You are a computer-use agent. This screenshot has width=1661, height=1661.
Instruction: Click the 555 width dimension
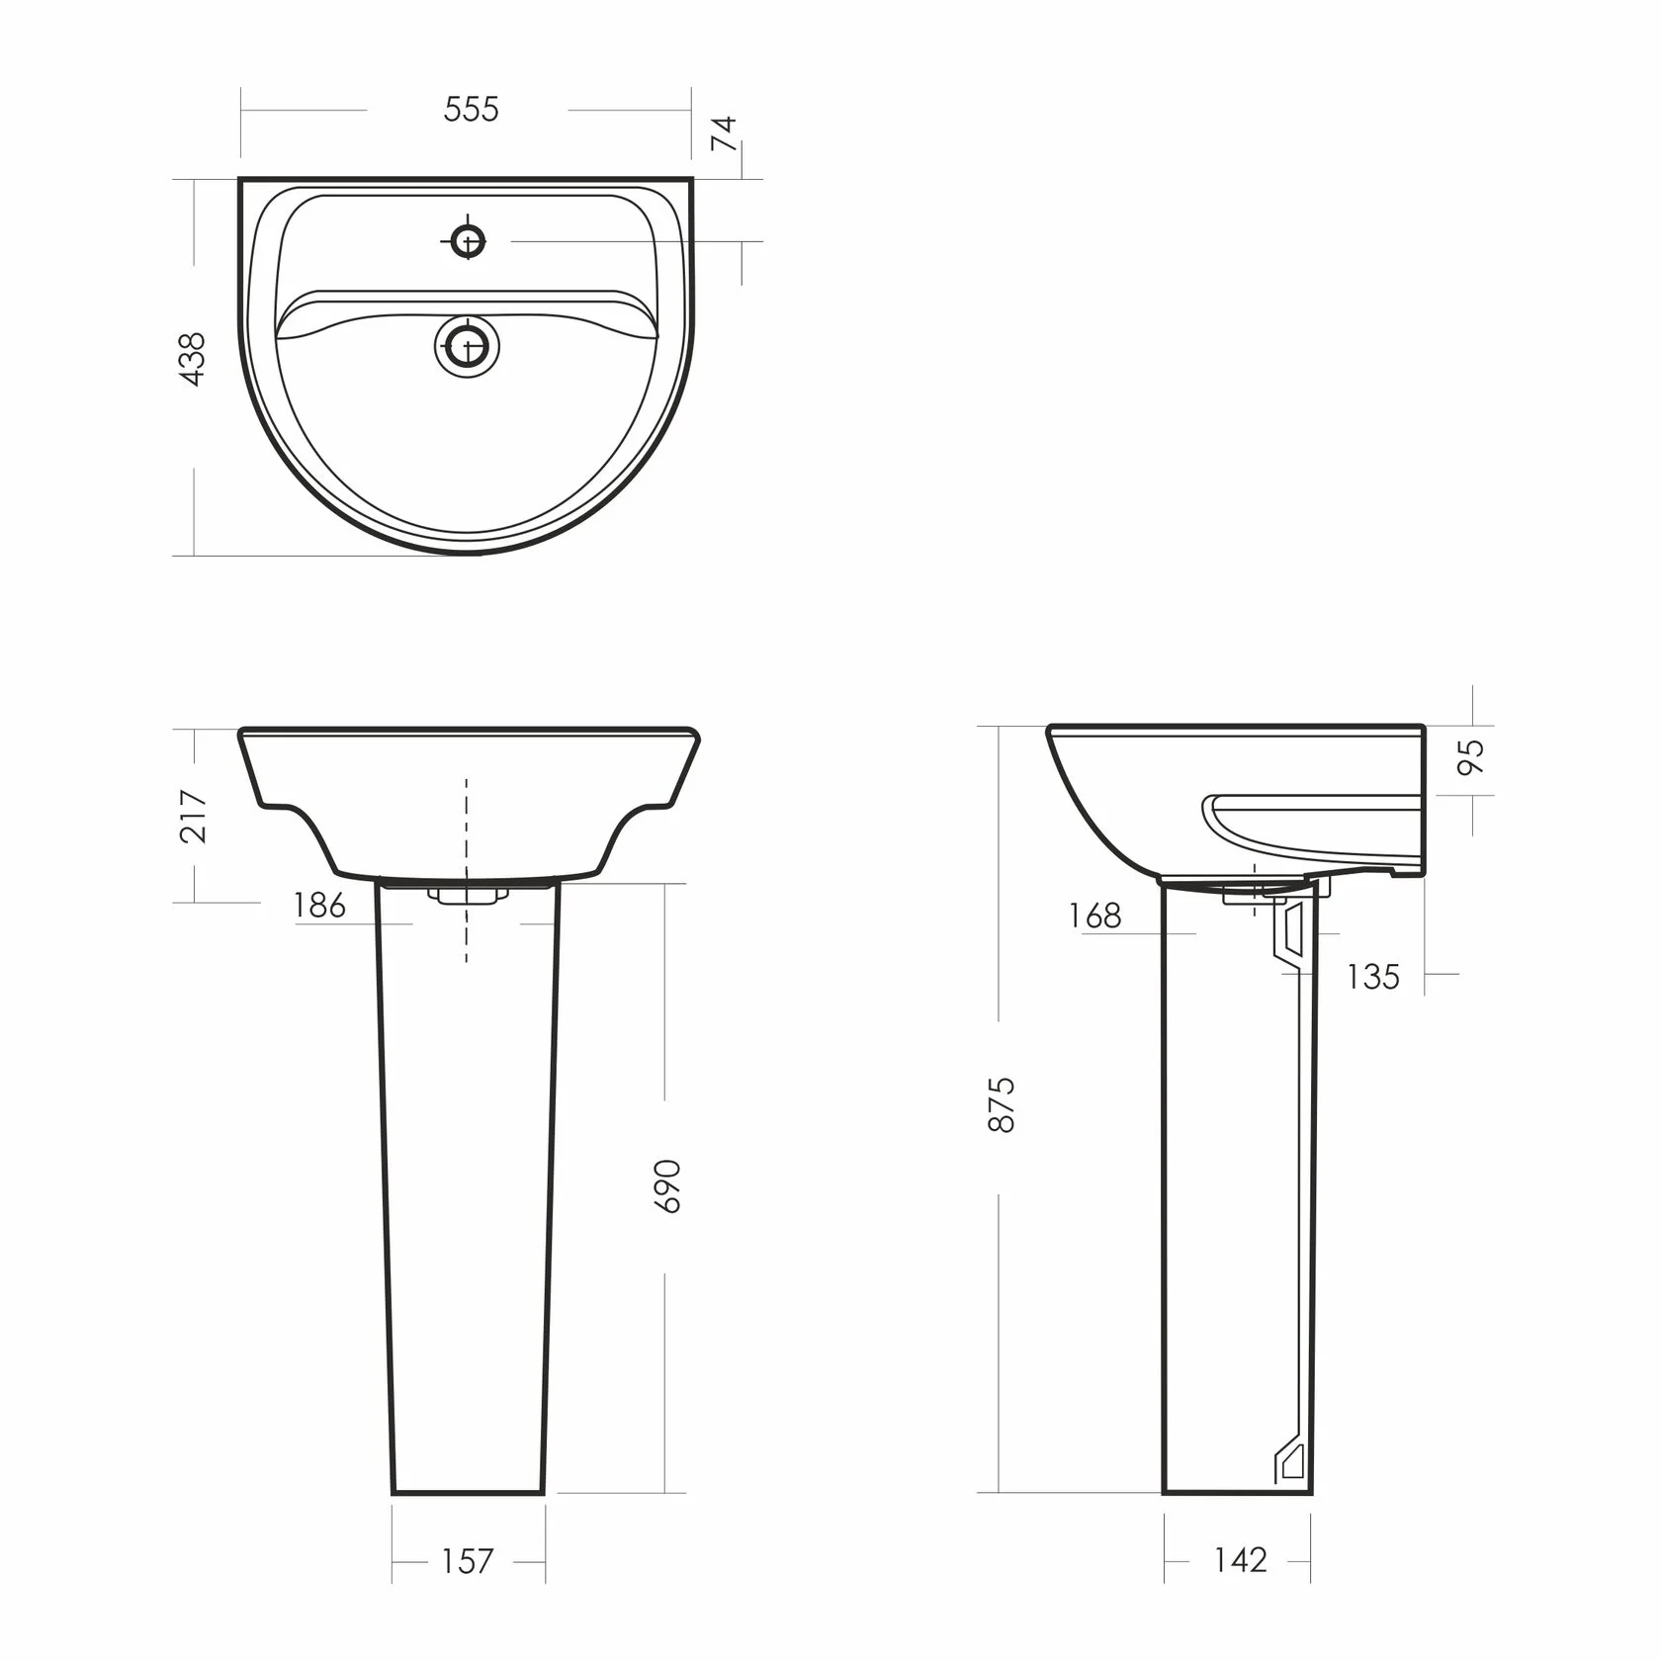(472, 109)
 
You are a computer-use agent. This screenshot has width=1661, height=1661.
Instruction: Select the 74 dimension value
(725, 133)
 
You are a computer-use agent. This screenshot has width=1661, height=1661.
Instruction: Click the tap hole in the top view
(468, 240)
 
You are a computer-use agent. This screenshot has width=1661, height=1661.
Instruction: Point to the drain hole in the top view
(467, 346)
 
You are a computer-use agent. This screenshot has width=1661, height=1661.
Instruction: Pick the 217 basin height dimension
(194, 816)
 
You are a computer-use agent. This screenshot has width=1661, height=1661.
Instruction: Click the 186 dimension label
(320, 905)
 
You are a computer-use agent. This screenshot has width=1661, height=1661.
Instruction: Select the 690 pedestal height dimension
(669, 1186)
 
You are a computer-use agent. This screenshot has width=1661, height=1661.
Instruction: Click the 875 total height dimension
(1003, 1105)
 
